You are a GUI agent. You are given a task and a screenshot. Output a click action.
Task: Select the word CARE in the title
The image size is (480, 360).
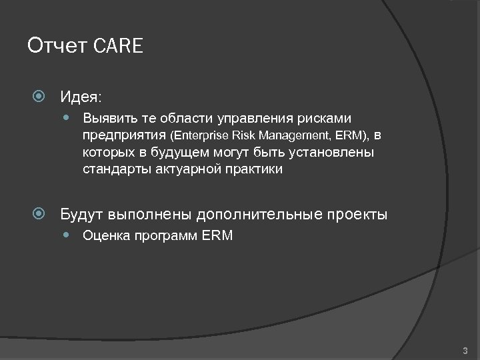119,47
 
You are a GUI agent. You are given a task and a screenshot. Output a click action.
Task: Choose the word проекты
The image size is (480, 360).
357,215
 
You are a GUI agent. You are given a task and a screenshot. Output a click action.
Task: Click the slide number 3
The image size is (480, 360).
465,350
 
